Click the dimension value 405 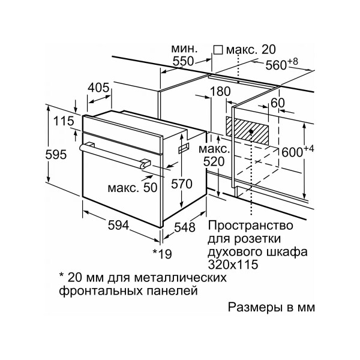click(x=98, y=88)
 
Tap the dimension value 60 click(x=278, y=103)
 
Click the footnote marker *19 click(x=161, y=254)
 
